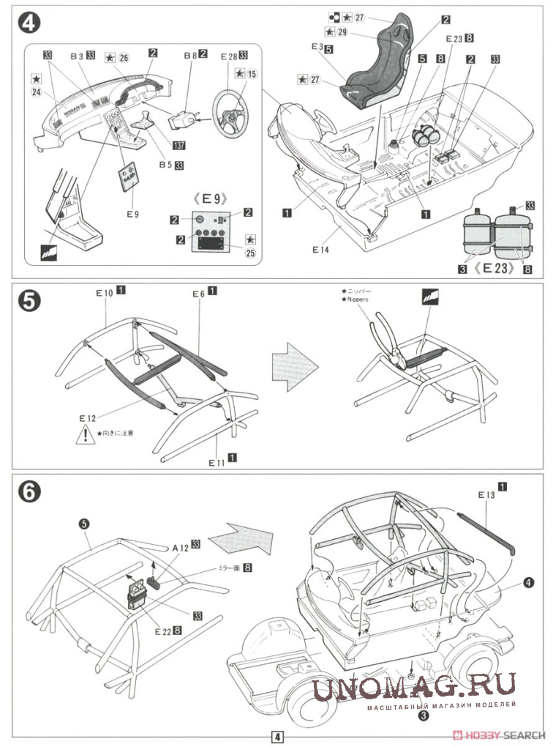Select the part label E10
click(102, 292)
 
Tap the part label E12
click(88, 417)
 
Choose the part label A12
click(180, 546)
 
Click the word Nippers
click(355, 300)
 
